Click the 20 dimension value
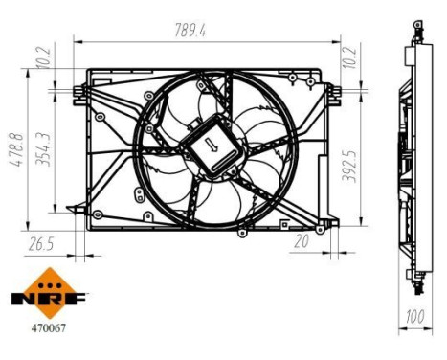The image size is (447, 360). point(302,241)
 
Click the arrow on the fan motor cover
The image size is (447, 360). point(212,146)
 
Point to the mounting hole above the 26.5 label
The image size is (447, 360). point(98,214)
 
